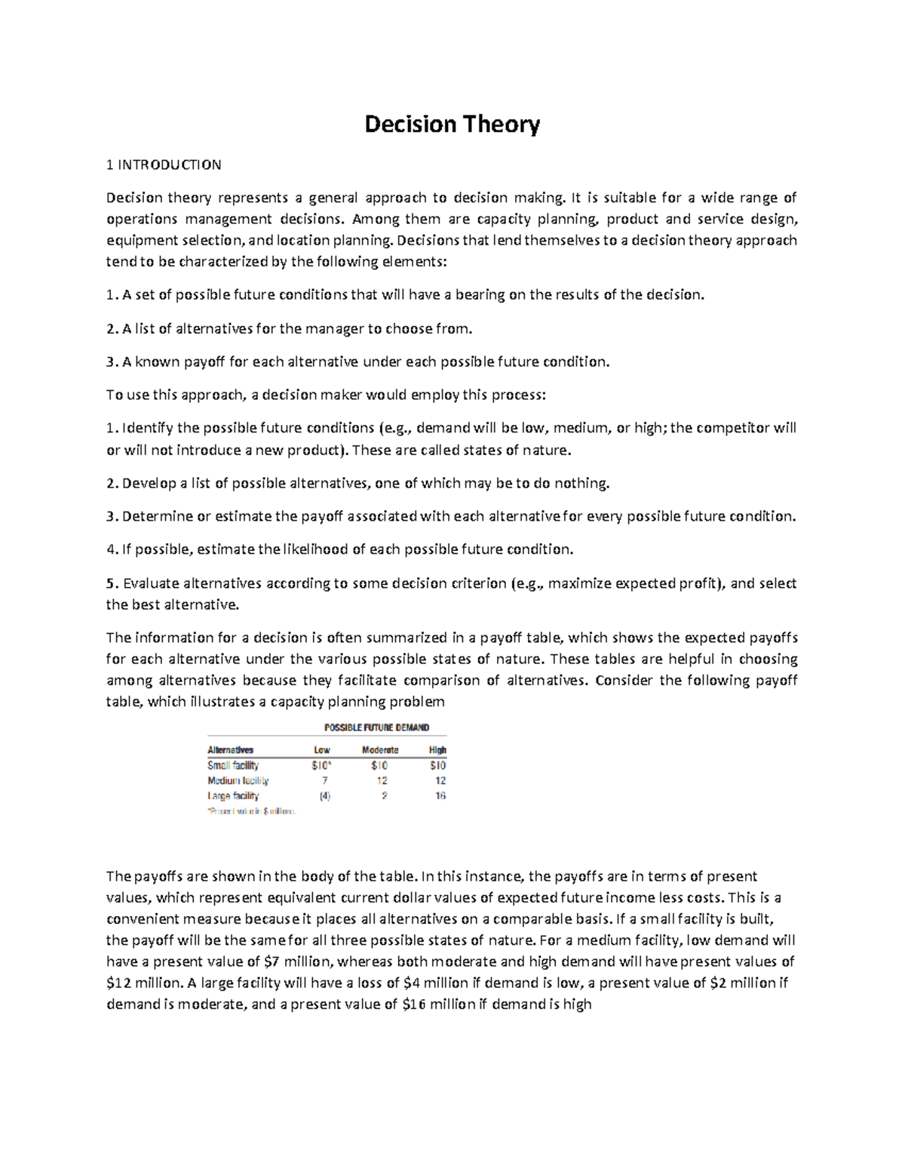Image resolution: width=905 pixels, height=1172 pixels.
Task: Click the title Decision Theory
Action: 452,125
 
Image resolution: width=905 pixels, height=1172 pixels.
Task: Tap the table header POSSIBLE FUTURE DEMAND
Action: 376,728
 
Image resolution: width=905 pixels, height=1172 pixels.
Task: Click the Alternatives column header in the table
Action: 230,750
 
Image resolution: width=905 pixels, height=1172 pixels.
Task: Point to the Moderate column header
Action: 380,750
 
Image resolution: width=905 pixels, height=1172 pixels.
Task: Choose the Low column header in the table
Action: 322,750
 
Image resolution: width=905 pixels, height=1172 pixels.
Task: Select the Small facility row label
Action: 233,765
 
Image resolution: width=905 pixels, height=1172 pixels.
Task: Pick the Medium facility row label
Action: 238,780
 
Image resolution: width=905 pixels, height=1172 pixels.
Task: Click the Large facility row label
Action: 233,795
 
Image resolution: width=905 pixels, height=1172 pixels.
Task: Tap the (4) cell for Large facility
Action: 324,795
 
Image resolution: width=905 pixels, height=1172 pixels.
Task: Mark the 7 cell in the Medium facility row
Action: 325,780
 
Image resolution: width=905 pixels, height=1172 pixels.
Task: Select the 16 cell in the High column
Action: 440,795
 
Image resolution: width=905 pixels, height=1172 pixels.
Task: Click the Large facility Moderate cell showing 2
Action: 385,795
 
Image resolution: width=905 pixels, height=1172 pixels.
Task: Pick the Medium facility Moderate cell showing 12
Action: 382,780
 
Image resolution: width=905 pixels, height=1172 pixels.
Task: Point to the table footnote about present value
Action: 251,811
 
